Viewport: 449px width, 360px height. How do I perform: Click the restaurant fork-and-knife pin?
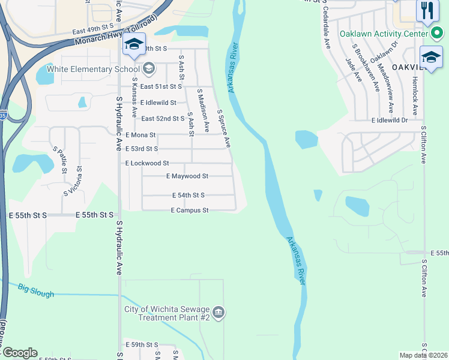click(x=427, y=11)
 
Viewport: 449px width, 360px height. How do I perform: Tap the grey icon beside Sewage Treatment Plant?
click(x=219, y=311)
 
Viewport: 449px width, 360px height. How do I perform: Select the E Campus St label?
click(x=189, y=211)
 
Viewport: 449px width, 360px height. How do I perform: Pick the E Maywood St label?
click(x=187, y=176)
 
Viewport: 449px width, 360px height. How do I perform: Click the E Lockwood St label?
click(x=147, y=163)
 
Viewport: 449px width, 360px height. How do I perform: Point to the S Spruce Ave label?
click(x=224, y=128)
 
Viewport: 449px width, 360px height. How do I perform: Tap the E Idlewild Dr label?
click(x=389, y=120)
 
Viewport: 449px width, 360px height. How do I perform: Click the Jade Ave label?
click(x=351, y=70)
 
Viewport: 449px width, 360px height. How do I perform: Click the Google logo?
click(x=19, y=353)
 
